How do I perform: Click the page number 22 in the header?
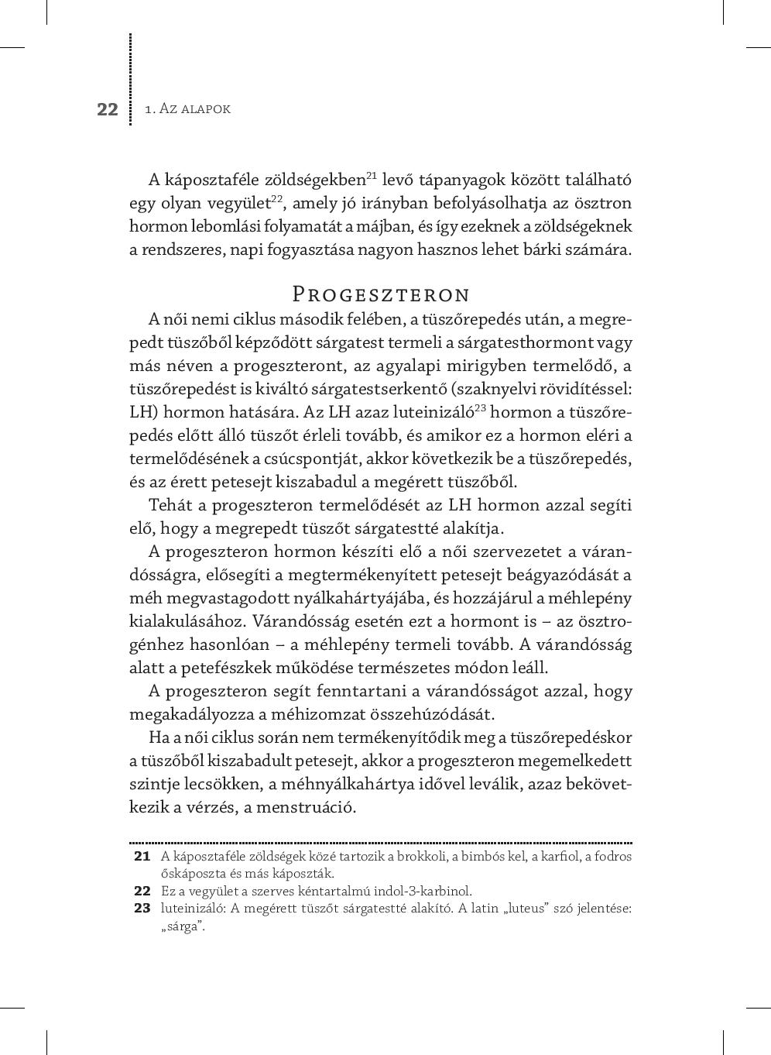tap(108, 109)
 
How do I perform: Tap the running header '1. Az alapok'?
tap(187, 109)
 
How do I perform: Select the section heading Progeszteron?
tap(381, 295)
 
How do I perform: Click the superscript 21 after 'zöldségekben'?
tap(371, 175)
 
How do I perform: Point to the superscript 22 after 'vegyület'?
tap(276, 198)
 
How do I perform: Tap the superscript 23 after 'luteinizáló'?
tap(479, 407)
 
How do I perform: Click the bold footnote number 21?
tap(142, 856)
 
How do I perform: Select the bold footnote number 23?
tap(142, 908)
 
